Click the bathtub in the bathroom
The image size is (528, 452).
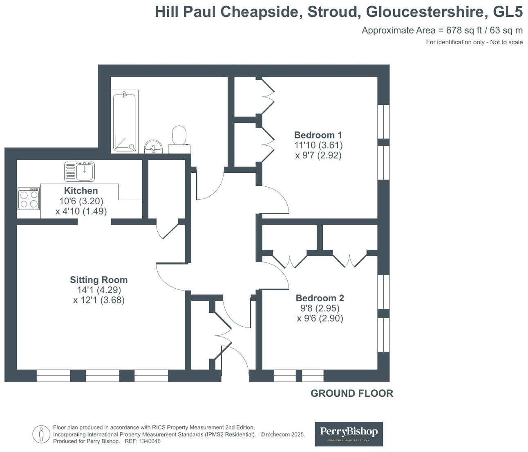tap(124, 121)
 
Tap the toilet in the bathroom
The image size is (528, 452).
tap(179, 139)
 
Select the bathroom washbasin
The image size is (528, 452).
tap(153, 147)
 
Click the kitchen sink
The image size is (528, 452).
tap(80, 171)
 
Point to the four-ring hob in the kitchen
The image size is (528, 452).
tap(29, 199)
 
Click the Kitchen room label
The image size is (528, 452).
tap(81, 191)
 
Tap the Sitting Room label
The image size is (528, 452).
tap(98, 280)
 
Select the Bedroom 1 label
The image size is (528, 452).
tap(318, 135)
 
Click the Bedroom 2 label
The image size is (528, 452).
tap(320, 298)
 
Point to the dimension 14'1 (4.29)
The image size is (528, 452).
tap(99, 290)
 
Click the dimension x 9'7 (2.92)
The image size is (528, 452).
tap(318, 156)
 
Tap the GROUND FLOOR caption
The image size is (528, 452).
tap(351, 393)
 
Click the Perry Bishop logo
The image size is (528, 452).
tap(349, 434)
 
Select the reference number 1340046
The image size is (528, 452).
tap(150, 441)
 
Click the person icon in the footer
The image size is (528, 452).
tap(41, 434)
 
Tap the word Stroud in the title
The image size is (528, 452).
tap(334, 12)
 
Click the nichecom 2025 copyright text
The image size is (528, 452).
tap(283, 435)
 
